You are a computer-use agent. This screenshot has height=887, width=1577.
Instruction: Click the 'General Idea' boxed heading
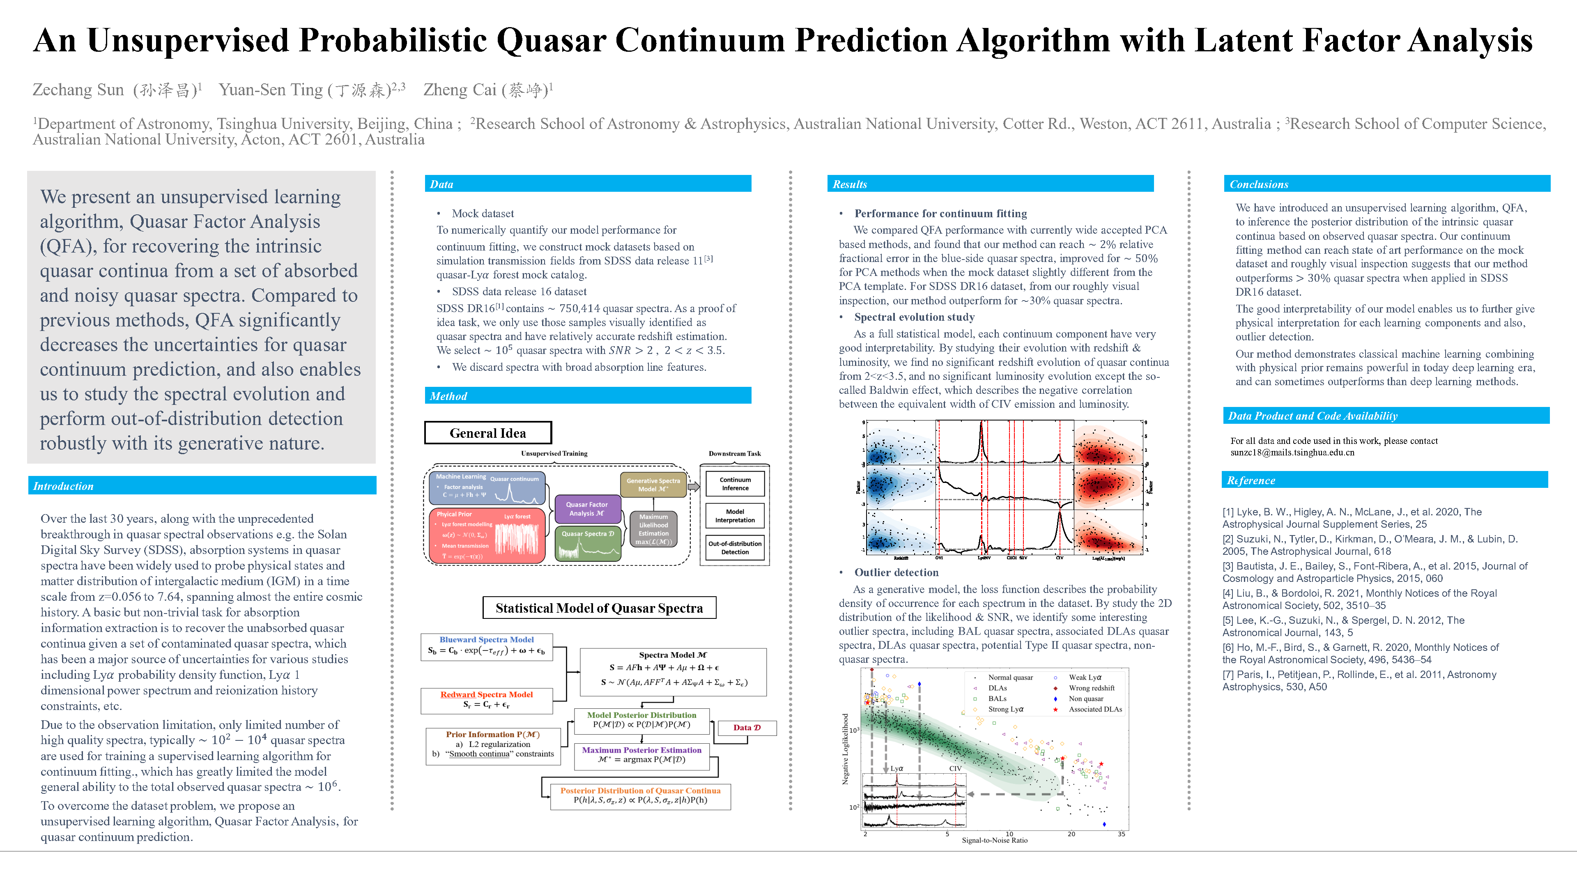tap(487, 433)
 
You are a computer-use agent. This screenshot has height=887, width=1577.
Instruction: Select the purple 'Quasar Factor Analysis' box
tap(586, 509)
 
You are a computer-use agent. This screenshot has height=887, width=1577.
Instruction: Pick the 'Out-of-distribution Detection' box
tap(735, 548)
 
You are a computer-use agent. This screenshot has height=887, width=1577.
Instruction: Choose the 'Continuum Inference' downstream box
tap(735, 484)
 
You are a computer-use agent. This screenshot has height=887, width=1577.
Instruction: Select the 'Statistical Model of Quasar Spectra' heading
tap(599, 608)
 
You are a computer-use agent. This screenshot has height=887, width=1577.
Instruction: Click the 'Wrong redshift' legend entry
tap(1092, 688)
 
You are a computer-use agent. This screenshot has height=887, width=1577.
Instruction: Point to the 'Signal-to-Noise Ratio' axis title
tap(994, 841)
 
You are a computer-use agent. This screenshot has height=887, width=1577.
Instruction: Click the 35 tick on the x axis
tap(1121, 834)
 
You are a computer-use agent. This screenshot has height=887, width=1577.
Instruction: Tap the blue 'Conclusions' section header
tap(1259, 184)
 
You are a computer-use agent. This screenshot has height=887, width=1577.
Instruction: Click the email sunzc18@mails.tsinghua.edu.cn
tap(1292, 453)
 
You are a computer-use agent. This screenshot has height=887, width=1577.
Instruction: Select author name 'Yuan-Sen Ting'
tap(271, 90)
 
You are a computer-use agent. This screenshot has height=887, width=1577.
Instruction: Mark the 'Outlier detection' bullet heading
tap(896, 572)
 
